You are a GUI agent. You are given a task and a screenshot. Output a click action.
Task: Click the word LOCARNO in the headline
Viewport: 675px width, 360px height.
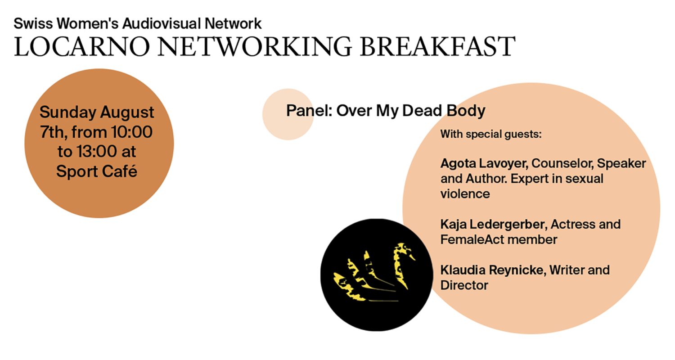click(x=82, y=46)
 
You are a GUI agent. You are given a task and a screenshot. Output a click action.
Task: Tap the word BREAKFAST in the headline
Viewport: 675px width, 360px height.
click(x=437, y=46)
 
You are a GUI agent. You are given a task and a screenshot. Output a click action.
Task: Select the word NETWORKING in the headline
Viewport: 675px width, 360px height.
click(x=255, y=46)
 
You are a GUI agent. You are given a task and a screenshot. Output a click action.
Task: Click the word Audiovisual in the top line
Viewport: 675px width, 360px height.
click(x=161, y=23)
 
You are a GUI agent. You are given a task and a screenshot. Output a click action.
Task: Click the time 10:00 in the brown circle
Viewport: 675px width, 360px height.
click(x=132, y=132)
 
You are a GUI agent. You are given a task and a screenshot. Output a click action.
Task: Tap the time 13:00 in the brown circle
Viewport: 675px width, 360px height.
click(x=96, y=151)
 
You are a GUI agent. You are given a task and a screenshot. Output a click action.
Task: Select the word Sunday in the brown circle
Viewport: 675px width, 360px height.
click(x=68, y=113)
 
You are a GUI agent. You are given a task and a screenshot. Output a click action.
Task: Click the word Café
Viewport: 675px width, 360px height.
click(x=120, y=171)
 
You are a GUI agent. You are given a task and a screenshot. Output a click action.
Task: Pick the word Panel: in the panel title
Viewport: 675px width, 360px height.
click(x=309, y=111)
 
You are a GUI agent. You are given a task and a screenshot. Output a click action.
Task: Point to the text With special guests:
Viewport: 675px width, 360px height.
click(x=491, y=134)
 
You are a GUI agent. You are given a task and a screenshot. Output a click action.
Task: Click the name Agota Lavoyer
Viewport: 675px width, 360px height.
click(x=484, y=164)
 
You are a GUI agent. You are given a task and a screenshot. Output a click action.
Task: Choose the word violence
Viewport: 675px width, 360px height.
click(x=465, y=193)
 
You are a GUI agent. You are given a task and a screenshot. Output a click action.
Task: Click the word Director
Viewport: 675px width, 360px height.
click(x=464, y=285)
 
